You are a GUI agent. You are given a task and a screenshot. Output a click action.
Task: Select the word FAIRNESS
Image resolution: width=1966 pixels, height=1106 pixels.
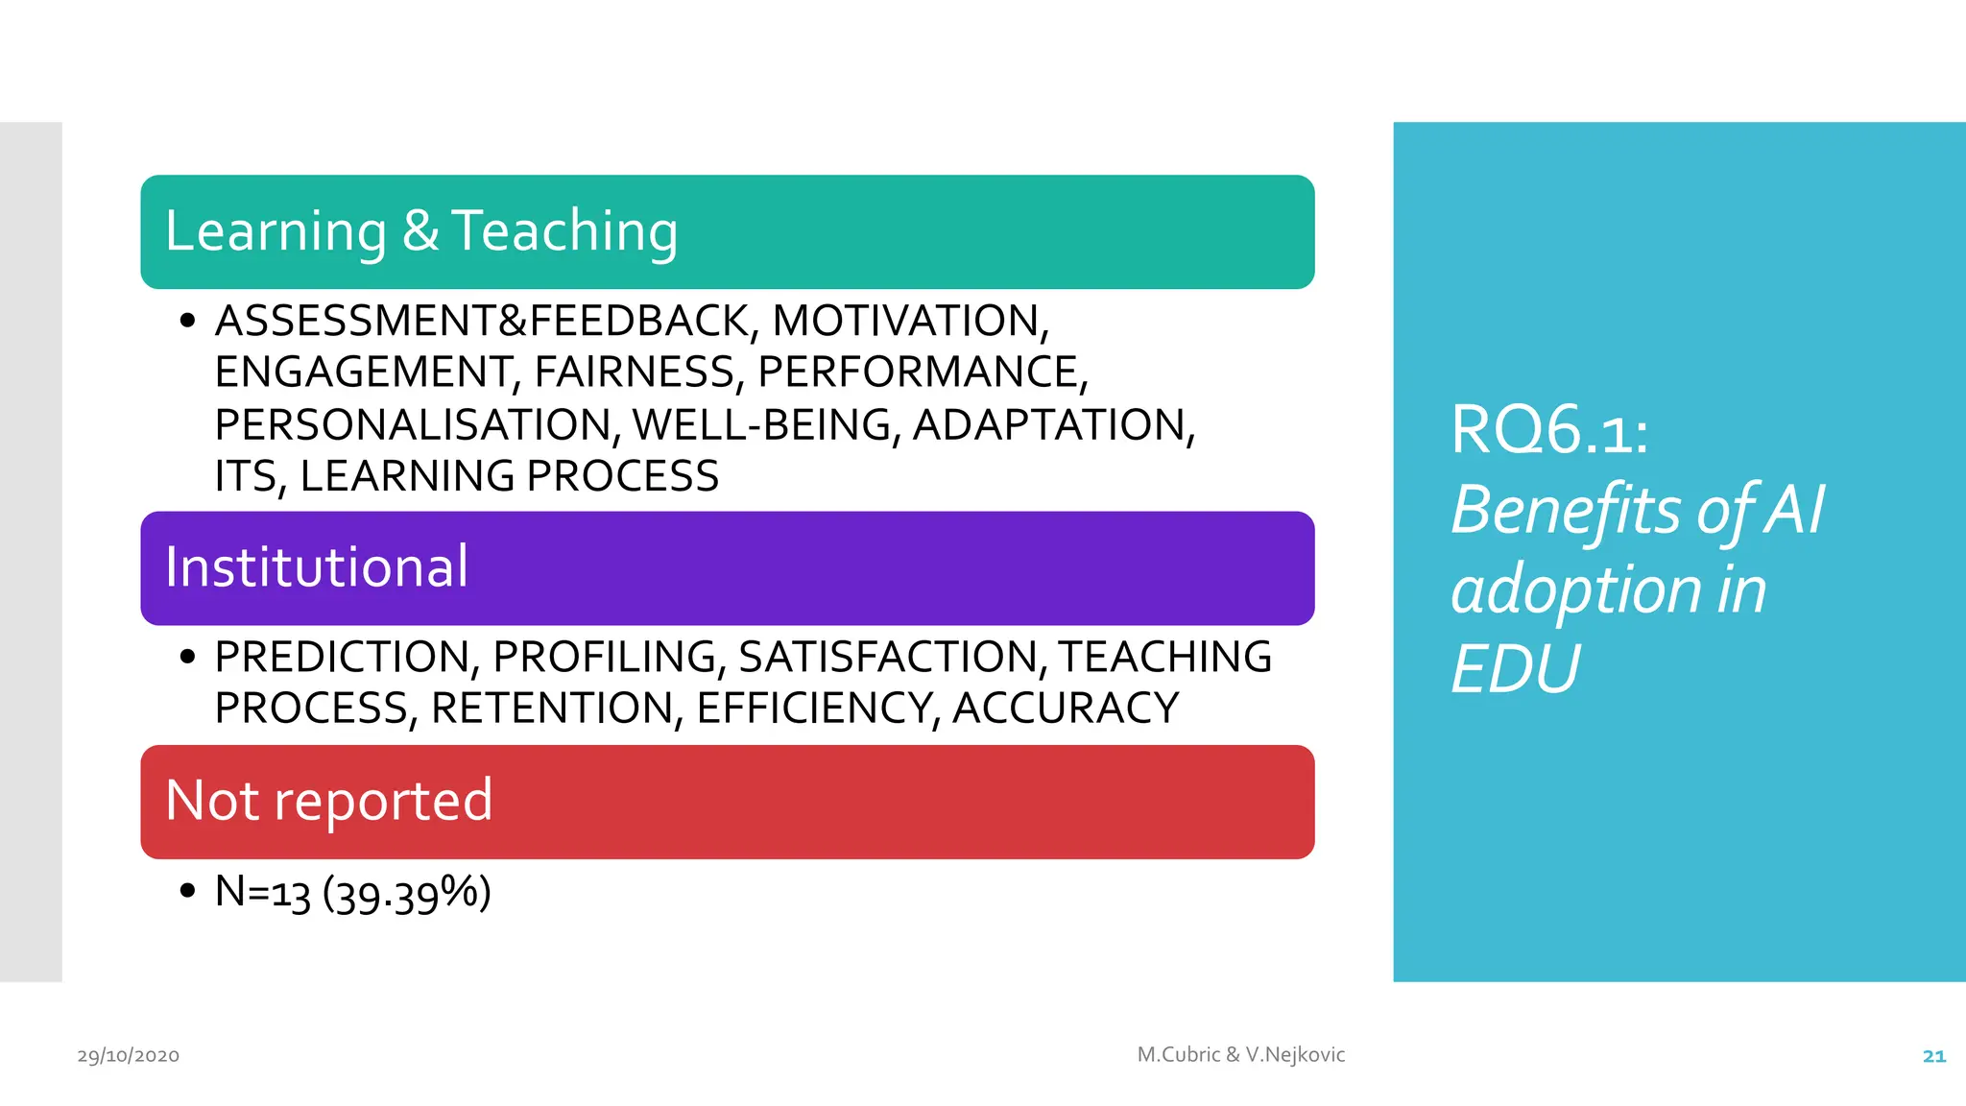(635, 373)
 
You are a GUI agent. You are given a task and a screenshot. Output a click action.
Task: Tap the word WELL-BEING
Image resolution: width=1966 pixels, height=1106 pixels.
(762, 424)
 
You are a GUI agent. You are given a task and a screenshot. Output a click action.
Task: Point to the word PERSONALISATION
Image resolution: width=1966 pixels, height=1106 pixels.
(413, 424)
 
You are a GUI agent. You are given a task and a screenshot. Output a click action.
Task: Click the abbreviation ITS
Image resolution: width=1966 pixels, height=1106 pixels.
(246, 476)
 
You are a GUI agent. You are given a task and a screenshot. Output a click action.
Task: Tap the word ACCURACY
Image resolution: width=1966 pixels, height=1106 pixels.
(1066, 709)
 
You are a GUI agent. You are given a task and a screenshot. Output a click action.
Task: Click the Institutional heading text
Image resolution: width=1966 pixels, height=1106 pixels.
(317, 566)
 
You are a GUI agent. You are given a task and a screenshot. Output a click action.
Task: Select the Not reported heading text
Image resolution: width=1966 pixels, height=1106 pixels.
(328, 800)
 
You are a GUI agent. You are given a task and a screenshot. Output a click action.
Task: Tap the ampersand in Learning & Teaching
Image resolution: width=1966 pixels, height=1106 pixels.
(420, 230)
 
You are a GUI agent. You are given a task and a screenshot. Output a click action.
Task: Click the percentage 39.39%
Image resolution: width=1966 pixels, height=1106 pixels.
(406, 893)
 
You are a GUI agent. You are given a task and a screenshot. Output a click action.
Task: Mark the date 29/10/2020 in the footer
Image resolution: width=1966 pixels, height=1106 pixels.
(129, 1056)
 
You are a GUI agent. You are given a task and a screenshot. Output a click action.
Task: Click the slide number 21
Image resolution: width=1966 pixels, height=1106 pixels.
(1933, 1056)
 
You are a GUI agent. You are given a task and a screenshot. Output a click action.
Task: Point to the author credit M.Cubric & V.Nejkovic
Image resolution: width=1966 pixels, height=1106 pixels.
(1240, 1054)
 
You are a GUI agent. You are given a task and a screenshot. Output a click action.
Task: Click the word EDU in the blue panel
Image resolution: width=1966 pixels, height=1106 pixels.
(1515, 669)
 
